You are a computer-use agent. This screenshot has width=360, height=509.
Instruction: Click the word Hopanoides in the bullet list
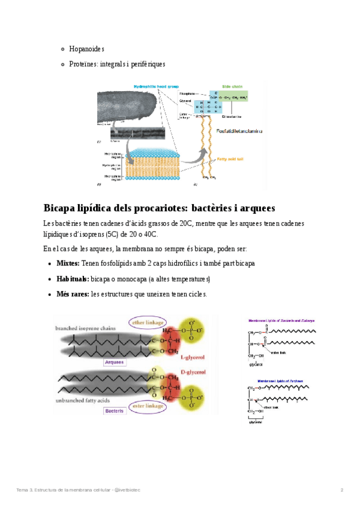pyautogui.click(x=87, y=49)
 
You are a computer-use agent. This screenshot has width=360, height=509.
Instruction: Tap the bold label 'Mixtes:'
pyautogui.click(x=68, y=264)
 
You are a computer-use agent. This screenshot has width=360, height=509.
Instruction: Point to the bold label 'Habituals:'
pyautogui.click(x=73, y=279)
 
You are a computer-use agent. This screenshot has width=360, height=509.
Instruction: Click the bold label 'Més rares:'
pyautogui.click(x=73, y=294)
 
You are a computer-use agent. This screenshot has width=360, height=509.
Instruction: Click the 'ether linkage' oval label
pyautogui.click(x=148, y=322)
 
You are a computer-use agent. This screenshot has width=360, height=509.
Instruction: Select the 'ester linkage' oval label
pyautogui.click(x=146, y=406)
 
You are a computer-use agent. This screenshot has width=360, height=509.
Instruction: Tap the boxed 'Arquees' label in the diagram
pyautogui.click(x=113, y=363)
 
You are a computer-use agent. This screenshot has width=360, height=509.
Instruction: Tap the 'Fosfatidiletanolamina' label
pyautogui.click(x=239, y=130)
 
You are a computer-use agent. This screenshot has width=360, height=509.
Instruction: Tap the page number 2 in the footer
pyautogui.click(x=342, y=490)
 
